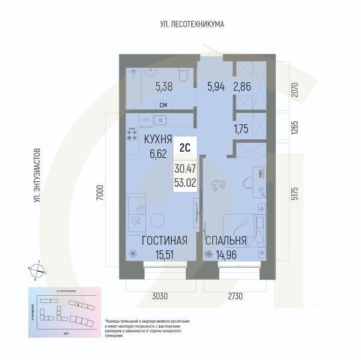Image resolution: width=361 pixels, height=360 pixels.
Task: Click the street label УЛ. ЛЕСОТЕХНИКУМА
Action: (x=192, y=25)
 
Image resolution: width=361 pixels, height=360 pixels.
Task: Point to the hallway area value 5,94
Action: (x=216, y=86)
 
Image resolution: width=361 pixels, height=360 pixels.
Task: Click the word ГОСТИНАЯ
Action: (x=164, y=241)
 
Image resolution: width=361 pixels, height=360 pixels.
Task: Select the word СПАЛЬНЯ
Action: (x=226, y=241)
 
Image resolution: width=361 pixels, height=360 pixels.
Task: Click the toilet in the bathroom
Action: (x=184, y=76)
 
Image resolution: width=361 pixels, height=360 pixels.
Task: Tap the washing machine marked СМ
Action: (x=163, y=106)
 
